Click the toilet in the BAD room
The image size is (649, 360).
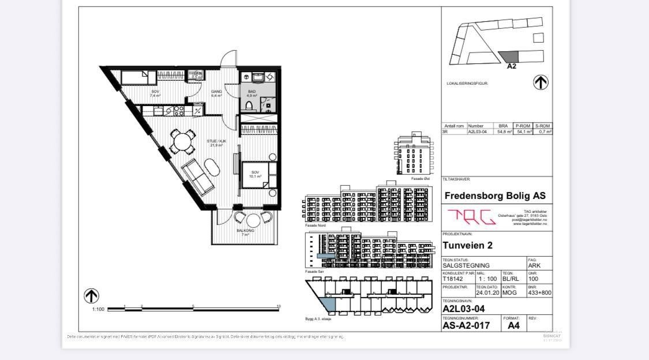pyautogui.click(x=249, y=106)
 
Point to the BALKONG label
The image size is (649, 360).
pyautogui.click(x=245, y=231)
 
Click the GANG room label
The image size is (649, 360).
pyautogui.click(x=216, y=91)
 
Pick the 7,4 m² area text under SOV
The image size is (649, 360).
pyautogui.click(x=155, y=96)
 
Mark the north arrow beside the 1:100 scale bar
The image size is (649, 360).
pyautogui.click(x=91, y=296)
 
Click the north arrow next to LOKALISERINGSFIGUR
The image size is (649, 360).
pyautogui.click(x=541, y=82)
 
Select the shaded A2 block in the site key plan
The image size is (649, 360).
pyautogui.click(x=509, y=57)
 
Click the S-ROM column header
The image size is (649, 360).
pyautogui.click(x=542, y=126)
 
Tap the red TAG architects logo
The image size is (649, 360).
pyautogui.click(x=471, y=217)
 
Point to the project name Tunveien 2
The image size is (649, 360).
pyautogui.click(x=468, y=245)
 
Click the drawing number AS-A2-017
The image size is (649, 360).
pyautogui.click(x=466, y=325)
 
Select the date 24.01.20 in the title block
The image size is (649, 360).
pyautogui.click(x=487, y=292)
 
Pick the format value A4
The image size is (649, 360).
pyautogui.click(x=513, y=325)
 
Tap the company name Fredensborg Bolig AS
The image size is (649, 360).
pyautogui.click(x=495, y=196)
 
